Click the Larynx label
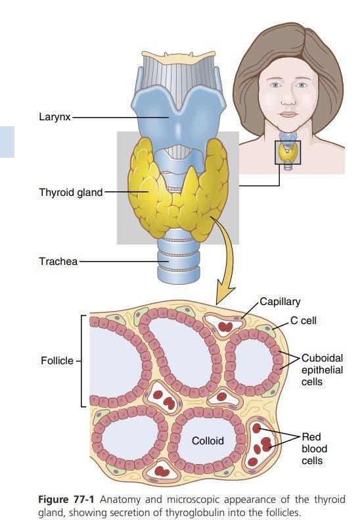tap(55, 117)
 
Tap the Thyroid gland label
tap(71, 193)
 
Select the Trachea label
tap(58, 262)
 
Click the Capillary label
tap(280, 302)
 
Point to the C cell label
tap(304, 321)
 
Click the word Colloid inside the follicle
tap(208, 440)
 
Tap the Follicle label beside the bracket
tap(57, 360)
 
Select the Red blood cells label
tap(314, 449)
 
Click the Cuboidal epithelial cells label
tap(322, 370)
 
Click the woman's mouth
tap(288, 114)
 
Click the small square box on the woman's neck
tap(288, 153)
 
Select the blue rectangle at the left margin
tap(7, 141)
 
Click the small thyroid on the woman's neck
tap(287, 152)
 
